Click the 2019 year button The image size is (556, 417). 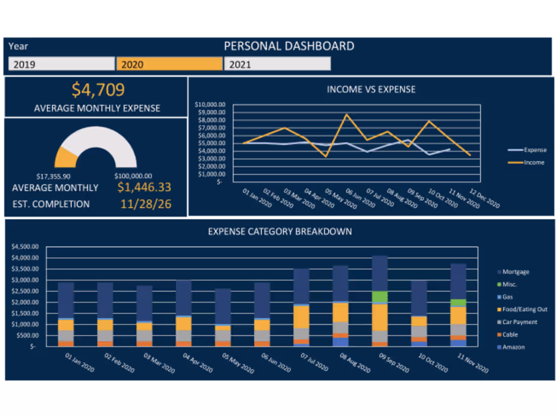click(61, 64)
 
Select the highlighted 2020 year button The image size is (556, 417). click(169, 64)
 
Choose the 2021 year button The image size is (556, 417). click(277, 64)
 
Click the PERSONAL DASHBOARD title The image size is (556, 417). click(289, 47)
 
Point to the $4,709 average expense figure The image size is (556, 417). click(98, 90)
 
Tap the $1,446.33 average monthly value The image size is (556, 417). click(144, 188)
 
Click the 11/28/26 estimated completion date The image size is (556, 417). click(146, 204)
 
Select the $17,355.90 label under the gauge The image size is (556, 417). click(54, 176)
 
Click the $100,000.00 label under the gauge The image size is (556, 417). click(133, 176)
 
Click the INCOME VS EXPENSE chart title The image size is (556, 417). click(371, 89)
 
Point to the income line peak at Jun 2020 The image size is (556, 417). click(346, 114)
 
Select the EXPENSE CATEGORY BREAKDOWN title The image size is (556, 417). click(280, 232)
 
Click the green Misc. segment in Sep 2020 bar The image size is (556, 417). click(380, 297)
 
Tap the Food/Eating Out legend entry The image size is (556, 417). click(525, 309)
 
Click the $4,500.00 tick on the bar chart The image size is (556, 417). click(25, 247)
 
